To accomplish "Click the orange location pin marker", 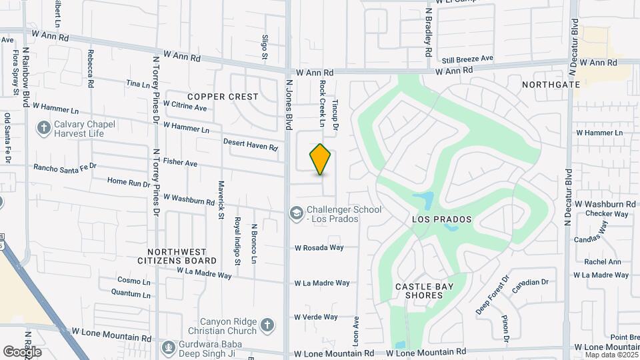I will (x=320, y=159).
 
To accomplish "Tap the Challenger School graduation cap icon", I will (x=295, y=213).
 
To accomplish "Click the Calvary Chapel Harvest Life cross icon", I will (x=44, y=128).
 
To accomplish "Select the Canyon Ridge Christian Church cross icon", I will (x=267, y=325).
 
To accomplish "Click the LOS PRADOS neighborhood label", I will (x=441, y=219).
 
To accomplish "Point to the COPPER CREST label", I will (x=223, y=97).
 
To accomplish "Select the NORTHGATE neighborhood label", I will (x=551, y=85).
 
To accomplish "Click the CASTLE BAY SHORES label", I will (x=424, y=291).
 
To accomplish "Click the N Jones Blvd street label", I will (x=289, y=105).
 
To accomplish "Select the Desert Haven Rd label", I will (x=250, y=144).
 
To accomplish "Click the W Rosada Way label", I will (x=319, y=247).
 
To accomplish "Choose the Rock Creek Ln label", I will (x=321, y=104).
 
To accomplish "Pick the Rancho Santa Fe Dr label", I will (x=65, y=167).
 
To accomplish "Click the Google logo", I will (x=22, y=351).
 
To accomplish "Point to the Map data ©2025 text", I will (x=612, y=355).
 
